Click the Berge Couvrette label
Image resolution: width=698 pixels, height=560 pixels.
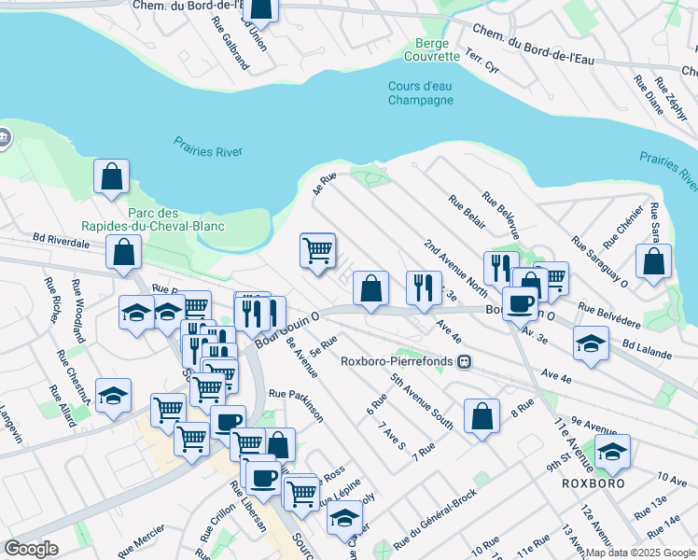click(x=432, y=49)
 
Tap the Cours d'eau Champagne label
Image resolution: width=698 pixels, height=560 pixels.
click(x=420, y=93)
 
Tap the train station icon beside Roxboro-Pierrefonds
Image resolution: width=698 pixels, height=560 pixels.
click(x=461, y=361)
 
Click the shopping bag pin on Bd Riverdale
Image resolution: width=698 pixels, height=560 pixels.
click(x=123, y=252)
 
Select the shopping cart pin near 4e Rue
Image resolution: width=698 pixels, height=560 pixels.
click(x=317, y=250)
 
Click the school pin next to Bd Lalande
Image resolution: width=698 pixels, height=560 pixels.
click(x=590, y=343)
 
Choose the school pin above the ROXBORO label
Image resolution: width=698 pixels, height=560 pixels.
click(x=612, y=453)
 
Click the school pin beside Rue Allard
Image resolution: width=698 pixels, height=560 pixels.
click(x=113, y=396)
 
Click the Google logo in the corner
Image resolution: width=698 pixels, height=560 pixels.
click(x=31, y=549)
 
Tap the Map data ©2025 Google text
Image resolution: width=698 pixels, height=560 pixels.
click(x=639, y=553)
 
